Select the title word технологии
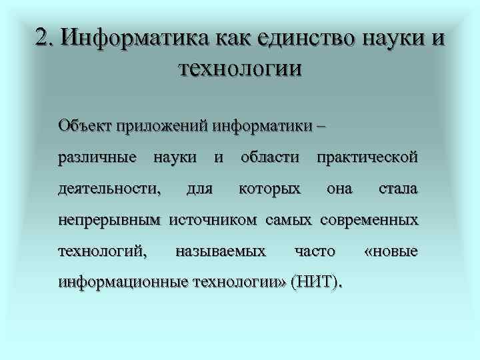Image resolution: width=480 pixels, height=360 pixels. click(x=240, y=67)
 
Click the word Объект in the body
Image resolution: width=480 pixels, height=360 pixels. click(x=85, y=125)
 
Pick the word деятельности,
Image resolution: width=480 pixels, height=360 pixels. click(x=109, y=189)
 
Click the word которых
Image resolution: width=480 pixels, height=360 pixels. click(x=269, y=189)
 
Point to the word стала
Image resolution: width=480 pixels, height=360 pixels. click(x=398, y=189)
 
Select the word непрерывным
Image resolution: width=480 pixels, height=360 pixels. click(x=110, y=220)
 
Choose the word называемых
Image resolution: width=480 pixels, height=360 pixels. click(x=220, y=251)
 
